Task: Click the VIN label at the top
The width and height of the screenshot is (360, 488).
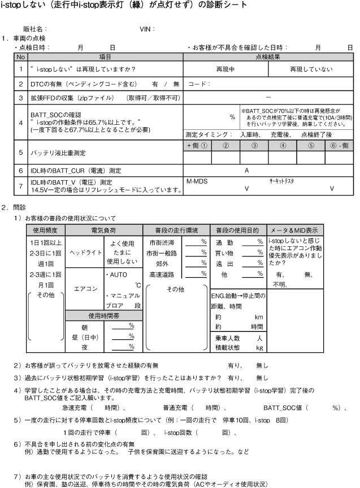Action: [x=147, y=28]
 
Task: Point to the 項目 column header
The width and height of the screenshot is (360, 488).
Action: [x=105, y=56]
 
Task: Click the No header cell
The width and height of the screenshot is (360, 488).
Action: [x=21, y=56]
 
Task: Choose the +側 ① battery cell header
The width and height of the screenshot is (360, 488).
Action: [x=197, y=145]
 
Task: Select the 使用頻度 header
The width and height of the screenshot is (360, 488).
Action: [x=46, y=230]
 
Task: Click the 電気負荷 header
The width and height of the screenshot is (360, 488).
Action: [x=103, y=230]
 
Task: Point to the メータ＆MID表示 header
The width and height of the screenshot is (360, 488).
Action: [x=294, y=230]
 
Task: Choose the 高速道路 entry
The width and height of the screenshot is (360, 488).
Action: [x=161, y=274]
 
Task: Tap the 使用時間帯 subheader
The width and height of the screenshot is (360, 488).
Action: [x=103, y=315]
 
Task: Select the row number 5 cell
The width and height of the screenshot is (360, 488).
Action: [x=21, y=152]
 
